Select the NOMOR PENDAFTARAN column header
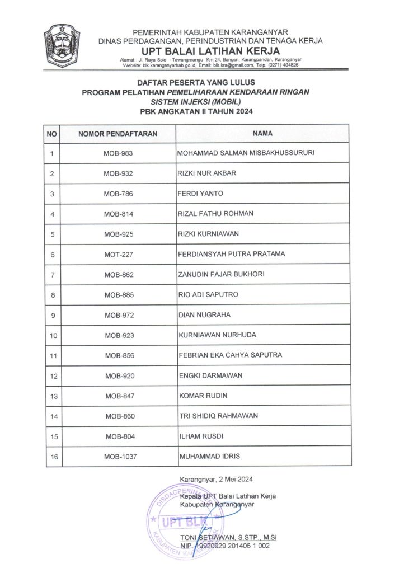click(118, 134)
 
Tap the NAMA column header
click(262, 134)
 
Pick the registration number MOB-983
click(118, 153)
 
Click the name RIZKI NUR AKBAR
click(206, 173)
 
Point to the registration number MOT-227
click(118, 255)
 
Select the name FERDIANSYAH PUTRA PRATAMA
click(231, 254)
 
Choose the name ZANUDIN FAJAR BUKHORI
click(220, 274)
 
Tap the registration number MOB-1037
click(119, 457)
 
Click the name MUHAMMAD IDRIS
click(209, 457)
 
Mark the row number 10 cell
click(53, 336)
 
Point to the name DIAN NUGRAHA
click(204, 315)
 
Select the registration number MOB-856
click(119, 356)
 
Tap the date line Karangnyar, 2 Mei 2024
click(217, 480)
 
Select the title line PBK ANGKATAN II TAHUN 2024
click(196, 112)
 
